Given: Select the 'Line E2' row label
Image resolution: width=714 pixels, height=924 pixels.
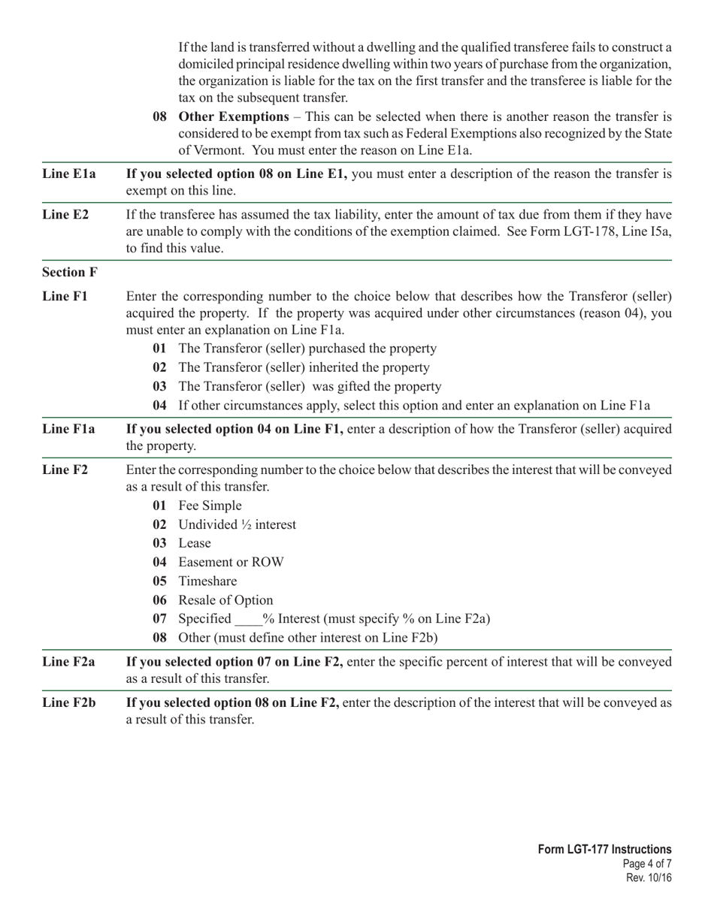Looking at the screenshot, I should coord(65,215).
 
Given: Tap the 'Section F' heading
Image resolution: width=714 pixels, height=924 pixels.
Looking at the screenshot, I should coord(69,271).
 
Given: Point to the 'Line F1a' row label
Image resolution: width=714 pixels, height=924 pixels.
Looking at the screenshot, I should coord(69,429).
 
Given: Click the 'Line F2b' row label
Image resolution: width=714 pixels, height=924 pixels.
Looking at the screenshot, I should coord(69,702).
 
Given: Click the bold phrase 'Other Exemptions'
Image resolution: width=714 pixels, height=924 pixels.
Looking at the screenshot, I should coord(233,117).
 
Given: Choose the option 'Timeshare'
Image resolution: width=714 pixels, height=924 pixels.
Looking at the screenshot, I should coord(207,581).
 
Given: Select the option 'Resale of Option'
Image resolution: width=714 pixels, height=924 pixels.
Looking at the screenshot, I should coord(225,600).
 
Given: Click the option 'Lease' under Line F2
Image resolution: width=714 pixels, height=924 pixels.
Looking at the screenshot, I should coord(195,543).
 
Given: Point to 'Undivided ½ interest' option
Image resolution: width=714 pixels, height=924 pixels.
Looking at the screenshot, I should coord(237,524).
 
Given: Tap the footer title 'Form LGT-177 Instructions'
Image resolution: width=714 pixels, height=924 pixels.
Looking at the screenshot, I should coord(604,850).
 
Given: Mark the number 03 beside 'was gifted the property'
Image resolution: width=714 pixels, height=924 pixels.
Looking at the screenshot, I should coord(159,387).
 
